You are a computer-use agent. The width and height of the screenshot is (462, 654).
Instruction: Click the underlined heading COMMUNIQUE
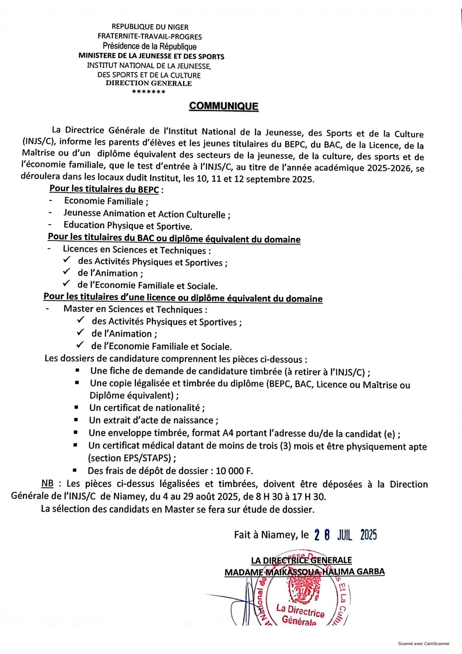click(223, 106)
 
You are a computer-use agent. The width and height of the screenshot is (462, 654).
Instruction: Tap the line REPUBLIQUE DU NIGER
click(150, 27)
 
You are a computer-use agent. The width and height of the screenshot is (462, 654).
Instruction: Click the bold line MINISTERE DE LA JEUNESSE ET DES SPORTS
click(151, 57)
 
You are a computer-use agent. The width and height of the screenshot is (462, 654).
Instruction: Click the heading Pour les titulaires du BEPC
click(104, 189)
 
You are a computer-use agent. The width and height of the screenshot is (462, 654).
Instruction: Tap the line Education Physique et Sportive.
click(128, 226)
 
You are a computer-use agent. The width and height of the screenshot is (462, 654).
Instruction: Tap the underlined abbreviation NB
click(47, 483)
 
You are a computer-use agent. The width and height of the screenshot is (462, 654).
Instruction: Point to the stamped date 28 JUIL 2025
click(345, 535)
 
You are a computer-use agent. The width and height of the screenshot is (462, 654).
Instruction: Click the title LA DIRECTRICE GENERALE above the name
click(301, 560)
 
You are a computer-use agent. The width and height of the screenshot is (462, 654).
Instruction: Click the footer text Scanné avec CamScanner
click(424, 643)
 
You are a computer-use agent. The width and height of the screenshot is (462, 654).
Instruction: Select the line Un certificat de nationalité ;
click(147, 408)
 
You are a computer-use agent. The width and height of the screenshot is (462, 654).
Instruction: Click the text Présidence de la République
click(149, 47)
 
